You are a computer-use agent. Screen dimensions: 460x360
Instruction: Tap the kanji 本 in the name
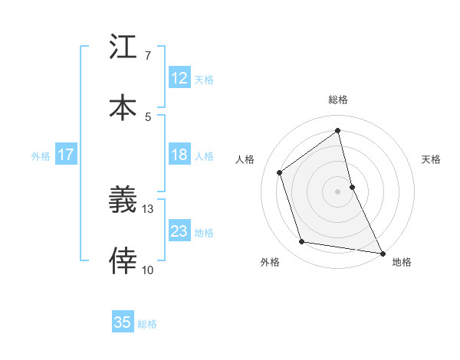(x=123, y=106)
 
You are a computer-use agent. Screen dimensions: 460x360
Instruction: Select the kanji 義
(x=123, y=201)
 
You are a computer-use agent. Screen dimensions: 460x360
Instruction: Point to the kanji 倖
(x=123, y=260)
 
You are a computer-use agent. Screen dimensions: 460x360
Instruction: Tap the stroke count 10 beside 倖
(x=148, y=270)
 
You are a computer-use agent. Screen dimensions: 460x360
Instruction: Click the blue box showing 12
(x=179, y=78)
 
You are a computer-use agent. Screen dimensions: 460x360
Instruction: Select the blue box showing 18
(x=179, y=155)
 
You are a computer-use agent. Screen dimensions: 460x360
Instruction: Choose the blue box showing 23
(x=179, y=231)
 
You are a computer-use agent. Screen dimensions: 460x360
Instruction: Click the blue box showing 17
(x=66, y=155)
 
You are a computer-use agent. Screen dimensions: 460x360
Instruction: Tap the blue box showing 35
(x=123, y=322)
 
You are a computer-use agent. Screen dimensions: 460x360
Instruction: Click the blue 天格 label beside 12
(x=204, y=79)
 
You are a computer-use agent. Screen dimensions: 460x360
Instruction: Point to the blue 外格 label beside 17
(x=41, y=155)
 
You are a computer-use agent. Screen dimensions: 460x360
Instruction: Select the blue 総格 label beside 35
(x=147, y=323)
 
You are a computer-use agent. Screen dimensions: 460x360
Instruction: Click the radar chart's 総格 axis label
(x=338, y=100)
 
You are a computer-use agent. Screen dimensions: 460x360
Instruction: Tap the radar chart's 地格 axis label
(x=402, y=262)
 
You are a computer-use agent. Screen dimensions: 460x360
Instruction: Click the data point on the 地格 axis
(x=382, y=253)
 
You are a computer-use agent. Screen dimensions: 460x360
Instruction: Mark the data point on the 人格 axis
(x=280, y=172)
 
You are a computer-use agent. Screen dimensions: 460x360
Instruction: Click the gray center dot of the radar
(x=338, y=191)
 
